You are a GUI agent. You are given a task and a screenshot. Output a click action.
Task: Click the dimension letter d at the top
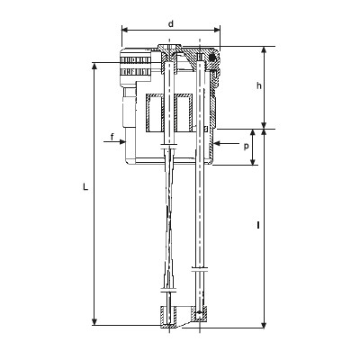[x=171, y=23]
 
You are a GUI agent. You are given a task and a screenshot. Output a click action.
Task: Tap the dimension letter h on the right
[x=259, y=85]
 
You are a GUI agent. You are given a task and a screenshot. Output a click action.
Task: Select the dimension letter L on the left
[x=85, y=187]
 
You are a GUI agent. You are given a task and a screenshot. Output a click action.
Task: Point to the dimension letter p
[x=247, y=147]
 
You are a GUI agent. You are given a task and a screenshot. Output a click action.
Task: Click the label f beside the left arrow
[x=112, y=137]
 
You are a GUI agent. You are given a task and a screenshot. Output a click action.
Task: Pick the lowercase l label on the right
[x=258, y=225]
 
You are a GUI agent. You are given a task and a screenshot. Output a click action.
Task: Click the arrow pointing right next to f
[x=114, y=142]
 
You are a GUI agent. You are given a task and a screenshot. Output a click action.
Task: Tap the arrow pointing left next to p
[x=227, y=143]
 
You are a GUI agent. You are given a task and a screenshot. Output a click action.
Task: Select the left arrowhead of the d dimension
[x=125, y=30]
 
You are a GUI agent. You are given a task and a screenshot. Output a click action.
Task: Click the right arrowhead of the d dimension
[x=217, y=30]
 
